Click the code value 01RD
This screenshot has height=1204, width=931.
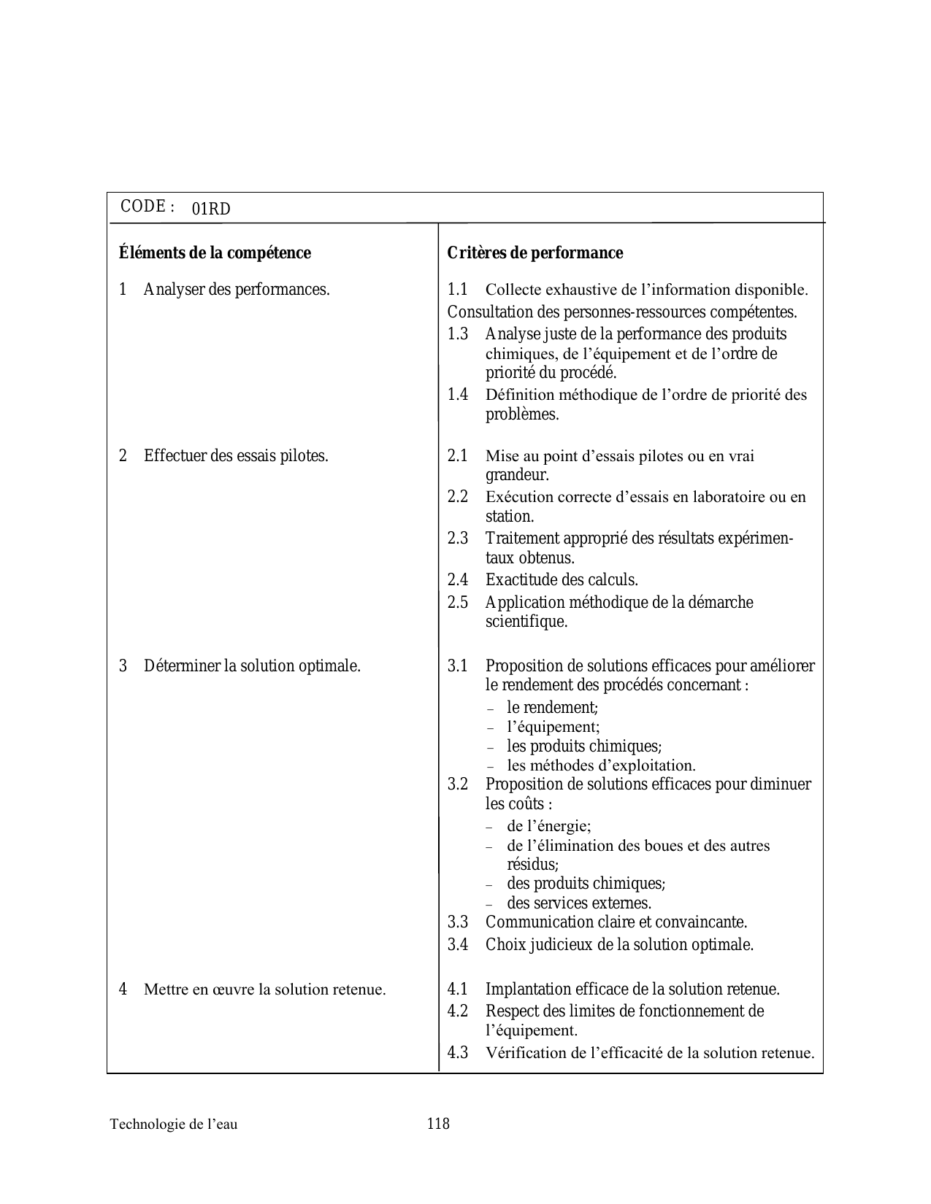211,209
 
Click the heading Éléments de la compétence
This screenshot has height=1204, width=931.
215,253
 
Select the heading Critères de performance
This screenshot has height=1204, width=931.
535,253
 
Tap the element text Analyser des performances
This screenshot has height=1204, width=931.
237,290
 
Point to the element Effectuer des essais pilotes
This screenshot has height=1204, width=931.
236,456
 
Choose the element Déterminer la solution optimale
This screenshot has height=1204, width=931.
252,666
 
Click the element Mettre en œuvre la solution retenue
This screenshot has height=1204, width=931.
264,990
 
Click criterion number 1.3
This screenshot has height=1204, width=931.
457,334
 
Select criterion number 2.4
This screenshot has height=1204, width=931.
457,580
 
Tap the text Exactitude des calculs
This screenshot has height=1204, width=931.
562,580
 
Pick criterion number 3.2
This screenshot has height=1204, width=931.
457,784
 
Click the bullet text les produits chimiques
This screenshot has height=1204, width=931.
584,746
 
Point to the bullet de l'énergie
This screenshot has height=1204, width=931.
549,826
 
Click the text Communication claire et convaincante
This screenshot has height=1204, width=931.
616,922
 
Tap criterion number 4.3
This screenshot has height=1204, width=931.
457,1053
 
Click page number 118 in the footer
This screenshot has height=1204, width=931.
438,1124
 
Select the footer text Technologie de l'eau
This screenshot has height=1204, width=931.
174,1124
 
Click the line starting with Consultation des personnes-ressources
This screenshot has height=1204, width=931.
622,312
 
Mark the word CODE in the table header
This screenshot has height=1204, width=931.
143,207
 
